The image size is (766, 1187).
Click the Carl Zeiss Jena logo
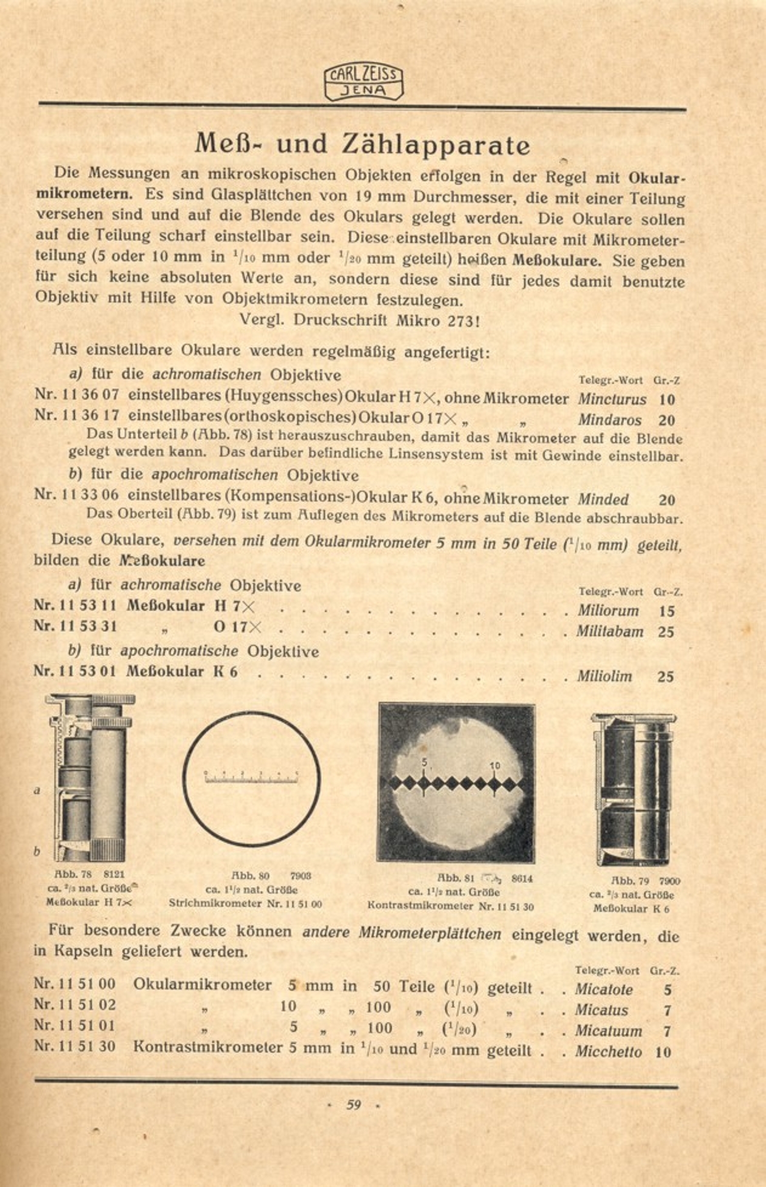click(x=364, y=82)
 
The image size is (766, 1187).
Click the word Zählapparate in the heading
click(x=436, y=144)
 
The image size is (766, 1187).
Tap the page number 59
click(x=353, y=1104)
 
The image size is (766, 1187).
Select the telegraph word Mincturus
click(x=612, y=399)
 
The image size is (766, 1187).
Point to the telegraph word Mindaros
click(x=609, y=420)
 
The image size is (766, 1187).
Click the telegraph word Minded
click(x=603, y=499)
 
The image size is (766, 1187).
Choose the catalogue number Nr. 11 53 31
click(x=76, y=626)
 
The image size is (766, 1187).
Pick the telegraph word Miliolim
click(x=604, y=676)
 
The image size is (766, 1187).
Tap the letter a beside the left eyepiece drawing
click(x=37, y=791)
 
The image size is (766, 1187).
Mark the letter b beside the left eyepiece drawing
click(x=37, y=852)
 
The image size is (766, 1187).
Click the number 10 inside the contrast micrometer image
click(x=495, y=765)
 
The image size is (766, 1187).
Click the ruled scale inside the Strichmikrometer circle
click(x=251, y=777)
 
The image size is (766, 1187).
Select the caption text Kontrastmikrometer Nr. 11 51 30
click(x=450, y=906)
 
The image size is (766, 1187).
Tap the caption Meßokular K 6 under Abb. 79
click(x=631, y=908)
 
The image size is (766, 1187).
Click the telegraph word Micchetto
click(x=608, y=1052)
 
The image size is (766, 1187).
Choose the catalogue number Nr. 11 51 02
click(x=75, y=1005)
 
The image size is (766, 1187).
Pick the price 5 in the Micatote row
click(x=667, y=990)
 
